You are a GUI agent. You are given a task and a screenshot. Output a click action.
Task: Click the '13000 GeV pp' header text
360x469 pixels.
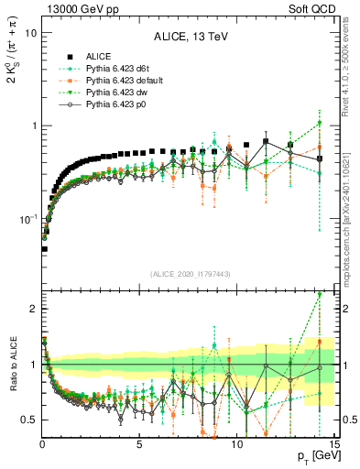click(x=77, y=8)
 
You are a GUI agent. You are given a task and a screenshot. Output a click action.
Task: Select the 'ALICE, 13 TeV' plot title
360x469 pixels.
click(x=189, y=37)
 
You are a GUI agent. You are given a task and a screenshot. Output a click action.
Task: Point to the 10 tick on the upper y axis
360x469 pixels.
click(x=30, y=32)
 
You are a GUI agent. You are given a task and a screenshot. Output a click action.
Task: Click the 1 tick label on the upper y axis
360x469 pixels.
click(x=33, y=125)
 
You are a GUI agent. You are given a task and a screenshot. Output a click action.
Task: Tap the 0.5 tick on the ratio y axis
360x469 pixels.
click(x=28, y=420)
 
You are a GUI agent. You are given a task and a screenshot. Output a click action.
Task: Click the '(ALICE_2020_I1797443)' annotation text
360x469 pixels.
click(x=188, y=273)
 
